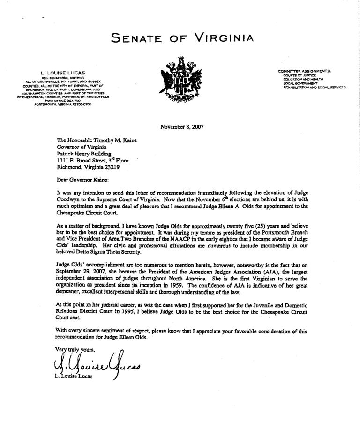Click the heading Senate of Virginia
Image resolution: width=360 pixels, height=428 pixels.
[183, 38]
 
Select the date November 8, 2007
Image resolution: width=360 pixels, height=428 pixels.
[182, 126]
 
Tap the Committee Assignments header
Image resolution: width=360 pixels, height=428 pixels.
[305, 71]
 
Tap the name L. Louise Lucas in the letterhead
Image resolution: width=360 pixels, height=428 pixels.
[62, 73]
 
